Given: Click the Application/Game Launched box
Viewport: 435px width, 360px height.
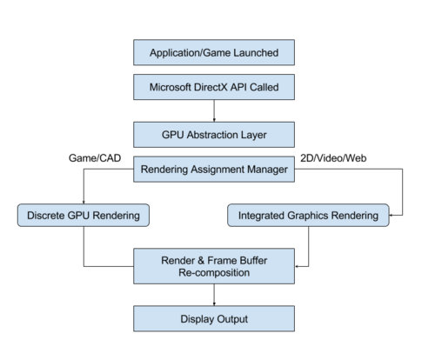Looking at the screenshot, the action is click(214, 52).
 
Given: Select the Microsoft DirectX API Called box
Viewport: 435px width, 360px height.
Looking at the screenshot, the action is click(214, 87).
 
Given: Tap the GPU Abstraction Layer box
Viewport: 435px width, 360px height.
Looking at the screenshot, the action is click(214, 135).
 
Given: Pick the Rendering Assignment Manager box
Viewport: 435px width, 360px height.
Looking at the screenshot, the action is click(214, 170).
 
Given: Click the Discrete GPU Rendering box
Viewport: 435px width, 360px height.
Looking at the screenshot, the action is click(84, 216).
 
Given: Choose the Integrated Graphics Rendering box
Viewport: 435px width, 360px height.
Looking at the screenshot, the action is click(308, 216).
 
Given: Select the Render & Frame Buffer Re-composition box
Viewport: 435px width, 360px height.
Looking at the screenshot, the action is click(214, 266).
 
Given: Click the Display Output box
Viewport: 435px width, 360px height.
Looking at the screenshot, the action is click(214, 318).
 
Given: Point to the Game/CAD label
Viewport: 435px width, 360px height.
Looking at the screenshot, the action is click(95, 158).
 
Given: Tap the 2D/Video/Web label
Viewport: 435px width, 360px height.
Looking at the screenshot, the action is click(333, 158).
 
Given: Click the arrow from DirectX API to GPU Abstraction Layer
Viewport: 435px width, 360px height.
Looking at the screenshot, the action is click(214, 110).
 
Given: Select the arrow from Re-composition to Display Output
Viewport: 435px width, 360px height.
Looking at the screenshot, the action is click(214, 295).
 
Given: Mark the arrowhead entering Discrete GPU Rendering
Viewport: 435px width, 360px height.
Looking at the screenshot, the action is click(84, 203).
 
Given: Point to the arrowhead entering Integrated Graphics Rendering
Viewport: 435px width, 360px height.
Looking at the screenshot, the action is click(391, 216).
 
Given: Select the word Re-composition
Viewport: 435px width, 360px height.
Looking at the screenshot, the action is click(214, 273).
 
